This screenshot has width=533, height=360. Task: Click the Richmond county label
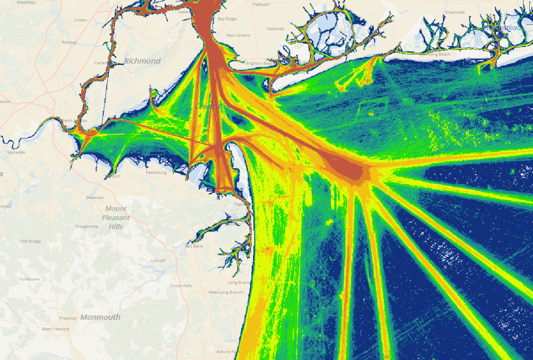coord(142,61)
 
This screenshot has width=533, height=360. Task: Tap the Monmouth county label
coord(100,317)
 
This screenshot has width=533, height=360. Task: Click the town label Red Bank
coord(194,246)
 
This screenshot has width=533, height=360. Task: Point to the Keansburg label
coord(156,173)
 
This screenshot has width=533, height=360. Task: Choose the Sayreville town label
coord(16,152)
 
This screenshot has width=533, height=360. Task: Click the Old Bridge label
coord(31,241)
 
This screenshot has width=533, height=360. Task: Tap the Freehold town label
coord(68,318)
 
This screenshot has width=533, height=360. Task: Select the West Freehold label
coord(55,329)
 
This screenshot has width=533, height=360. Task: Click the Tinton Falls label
coord(181,286)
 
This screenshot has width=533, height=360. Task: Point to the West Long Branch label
coord(226,292)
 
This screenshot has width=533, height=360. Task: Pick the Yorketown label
coord(30,279)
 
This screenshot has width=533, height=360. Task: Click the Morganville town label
coord(87,227)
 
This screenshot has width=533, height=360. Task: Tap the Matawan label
coord(95,198)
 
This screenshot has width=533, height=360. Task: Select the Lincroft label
coord(158,261)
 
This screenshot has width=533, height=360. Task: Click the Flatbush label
coord(261,5)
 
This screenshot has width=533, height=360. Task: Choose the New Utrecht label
coord(238,35)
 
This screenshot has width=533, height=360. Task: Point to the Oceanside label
coord(455,12)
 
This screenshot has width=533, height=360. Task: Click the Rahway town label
coord(69,42)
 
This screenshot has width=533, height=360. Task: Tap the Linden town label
coord(81,20)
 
